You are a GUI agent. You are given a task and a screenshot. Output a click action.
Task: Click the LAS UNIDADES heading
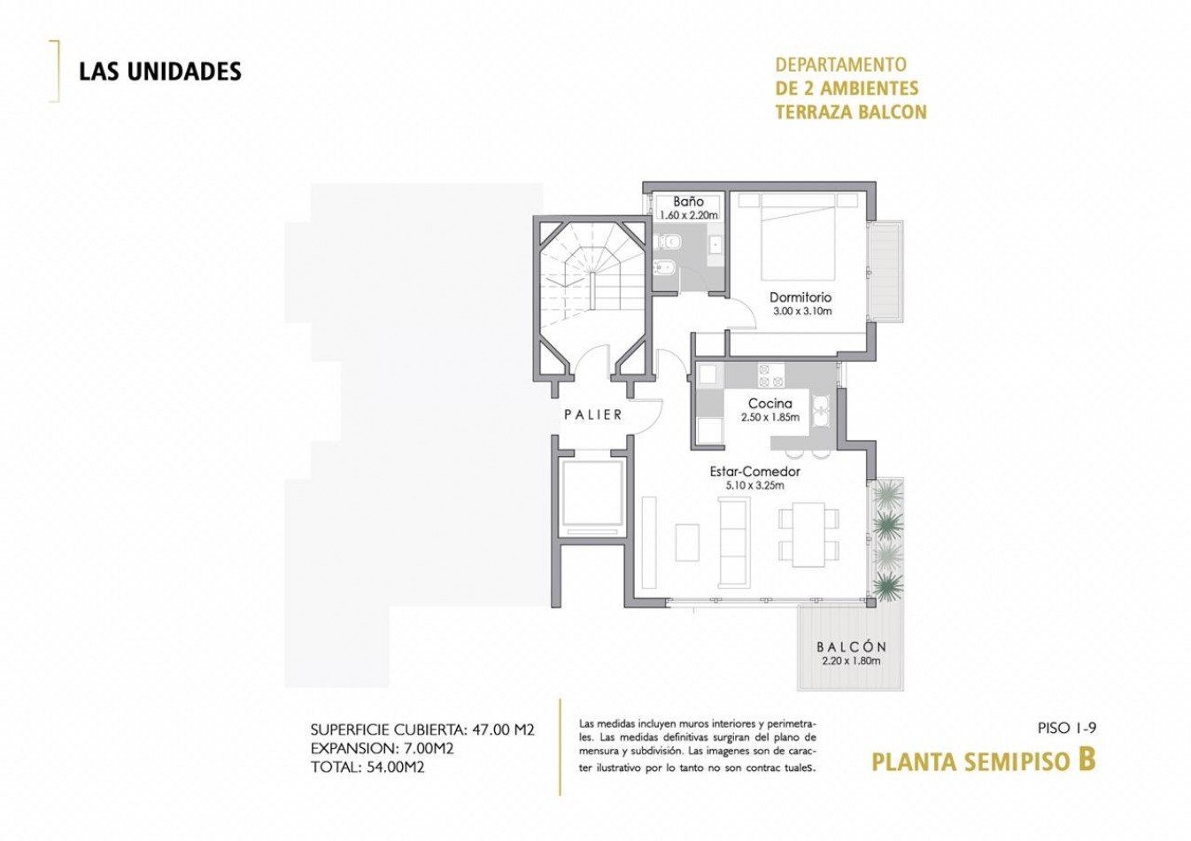coord(160,72)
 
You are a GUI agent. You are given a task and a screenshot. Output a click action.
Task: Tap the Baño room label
coord(688,202)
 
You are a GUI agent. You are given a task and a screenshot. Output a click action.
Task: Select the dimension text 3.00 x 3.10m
coord(801,312)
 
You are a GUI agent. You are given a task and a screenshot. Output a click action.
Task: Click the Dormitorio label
coord(800,297)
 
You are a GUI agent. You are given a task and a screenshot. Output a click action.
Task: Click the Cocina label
coord(770,404)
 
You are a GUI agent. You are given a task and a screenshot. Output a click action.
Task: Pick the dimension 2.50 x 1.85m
coord(770,417)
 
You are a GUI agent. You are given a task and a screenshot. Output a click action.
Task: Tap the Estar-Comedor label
coord(754,472)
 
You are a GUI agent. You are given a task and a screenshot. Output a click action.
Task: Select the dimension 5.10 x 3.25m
coord(754,485)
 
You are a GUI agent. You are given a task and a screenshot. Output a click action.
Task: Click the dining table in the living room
coord(808,534)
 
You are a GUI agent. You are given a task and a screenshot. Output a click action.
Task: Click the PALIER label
coord(593,414)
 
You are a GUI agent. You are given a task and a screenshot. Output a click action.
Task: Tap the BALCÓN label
coord(851,647)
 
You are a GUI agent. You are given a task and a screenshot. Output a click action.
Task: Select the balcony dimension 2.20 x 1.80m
coord(851,660)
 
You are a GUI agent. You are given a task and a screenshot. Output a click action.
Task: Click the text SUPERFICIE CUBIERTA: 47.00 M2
coord(422,730)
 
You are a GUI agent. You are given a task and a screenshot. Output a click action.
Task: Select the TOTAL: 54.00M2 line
coord(367,768)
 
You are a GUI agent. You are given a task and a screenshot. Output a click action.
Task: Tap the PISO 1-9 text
coord(1066,729)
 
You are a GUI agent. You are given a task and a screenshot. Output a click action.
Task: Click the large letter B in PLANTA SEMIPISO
coord(1087,760)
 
